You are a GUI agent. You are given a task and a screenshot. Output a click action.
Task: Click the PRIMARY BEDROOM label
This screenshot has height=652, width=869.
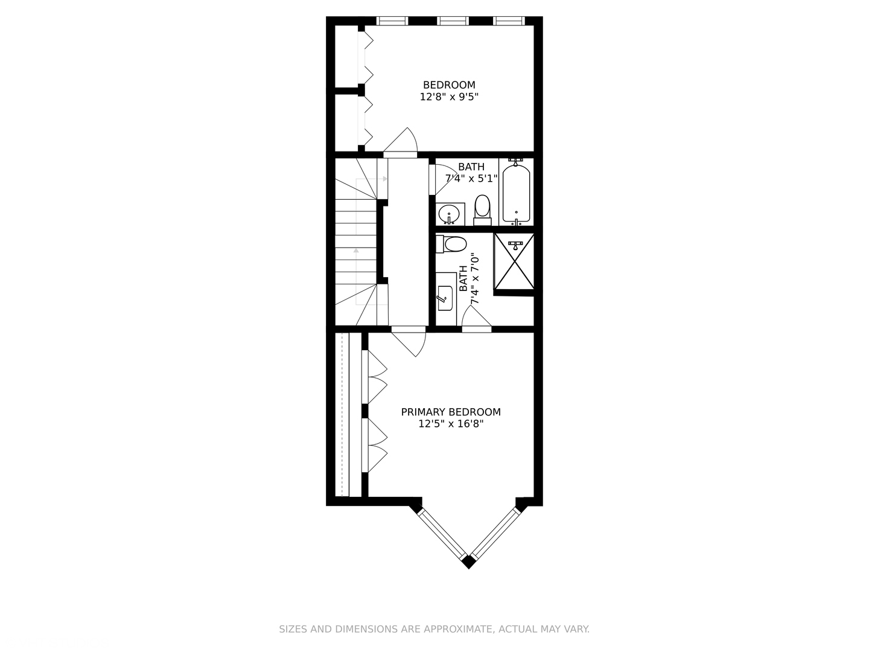451,412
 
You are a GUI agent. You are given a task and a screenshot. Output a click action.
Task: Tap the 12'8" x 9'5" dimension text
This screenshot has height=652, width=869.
449,97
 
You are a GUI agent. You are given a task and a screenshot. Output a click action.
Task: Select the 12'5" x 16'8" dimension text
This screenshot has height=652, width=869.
451,424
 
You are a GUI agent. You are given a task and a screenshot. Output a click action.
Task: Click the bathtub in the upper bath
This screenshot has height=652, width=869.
516,192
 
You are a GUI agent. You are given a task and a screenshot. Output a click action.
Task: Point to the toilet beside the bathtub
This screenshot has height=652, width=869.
482,210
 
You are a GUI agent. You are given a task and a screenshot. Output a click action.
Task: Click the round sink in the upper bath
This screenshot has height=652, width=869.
449,214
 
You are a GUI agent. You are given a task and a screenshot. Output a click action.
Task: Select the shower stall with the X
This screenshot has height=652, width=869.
514,261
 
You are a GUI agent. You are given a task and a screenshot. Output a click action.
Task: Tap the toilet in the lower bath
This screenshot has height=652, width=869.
451,244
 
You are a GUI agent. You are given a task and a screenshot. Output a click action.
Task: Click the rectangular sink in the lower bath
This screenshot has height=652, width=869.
445,298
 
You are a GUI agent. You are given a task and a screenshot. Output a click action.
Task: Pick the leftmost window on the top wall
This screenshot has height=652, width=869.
392,21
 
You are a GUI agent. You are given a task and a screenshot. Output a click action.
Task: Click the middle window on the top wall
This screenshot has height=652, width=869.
453,21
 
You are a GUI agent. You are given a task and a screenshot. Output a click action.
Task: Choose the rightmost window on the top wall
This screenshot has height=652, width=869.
509,21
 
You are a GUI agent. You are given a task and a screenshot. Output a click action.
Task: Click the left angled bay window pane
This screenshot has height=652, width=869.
442,533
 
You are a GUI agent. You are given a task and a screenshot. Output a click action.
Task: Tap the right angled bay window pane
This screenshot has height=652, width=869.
495,533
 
